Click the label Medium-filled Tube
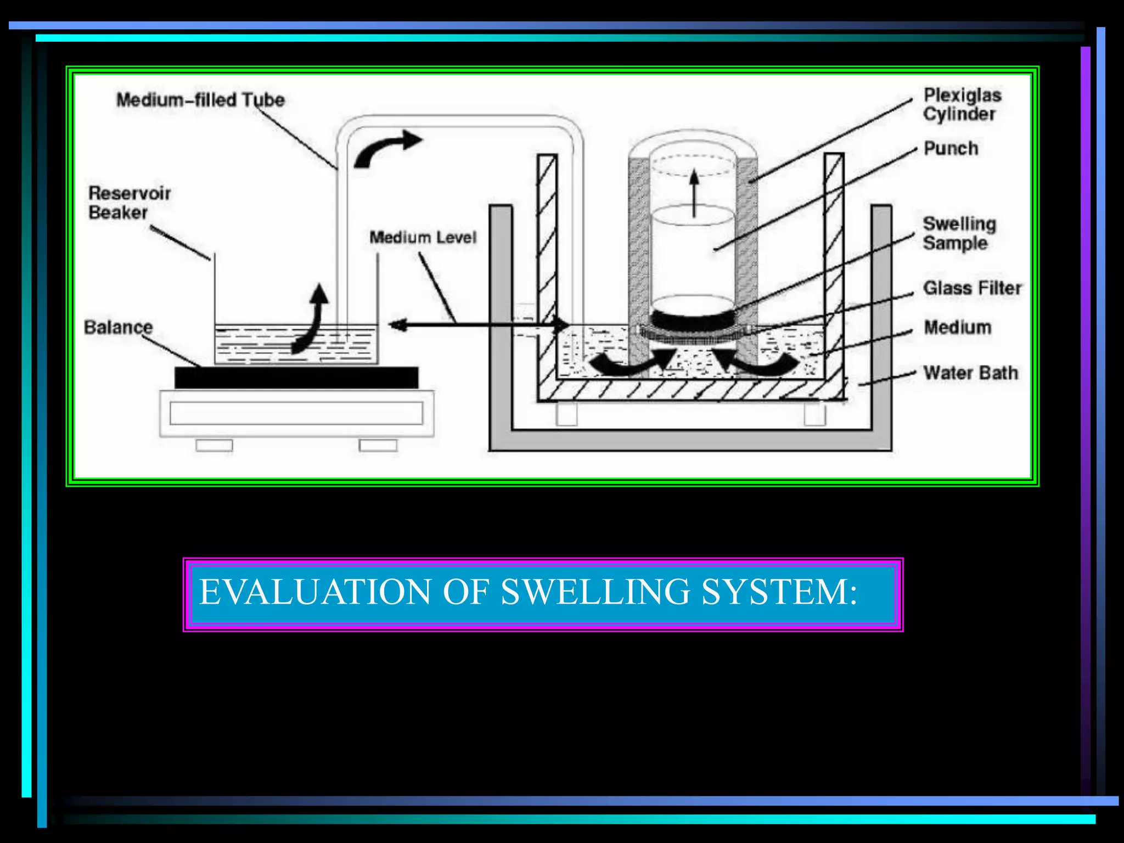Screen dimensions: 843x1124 (200, 100)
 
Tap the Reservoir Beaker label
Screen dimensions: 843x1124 (130, 203)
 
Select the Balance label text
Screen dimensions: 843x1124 (118, 327)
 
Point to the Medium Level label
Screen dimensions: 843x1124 (423, 237)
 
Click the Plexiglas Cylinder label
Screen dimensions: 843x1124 (962, 104)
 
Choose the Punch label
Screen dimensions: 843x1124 (951, 148)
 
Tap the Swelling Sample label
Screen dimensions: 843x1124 (959, 233)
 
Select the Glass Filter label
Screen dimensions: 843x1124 (972, 288)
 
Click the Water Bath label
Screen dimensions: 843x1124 (970, 373)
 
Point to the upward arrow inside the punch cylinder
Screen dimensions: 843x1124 (694, 193)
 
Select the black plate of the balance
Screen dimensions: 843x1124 (296, 378)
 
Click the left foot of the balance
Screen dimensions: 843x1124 (214, 445)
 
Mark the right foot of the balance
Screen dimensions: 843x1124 (378, 445)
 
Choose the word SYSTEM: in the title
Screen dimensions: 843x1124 (779, 592)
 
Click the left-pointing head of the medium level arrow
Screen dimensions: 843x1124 (397, 325)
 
